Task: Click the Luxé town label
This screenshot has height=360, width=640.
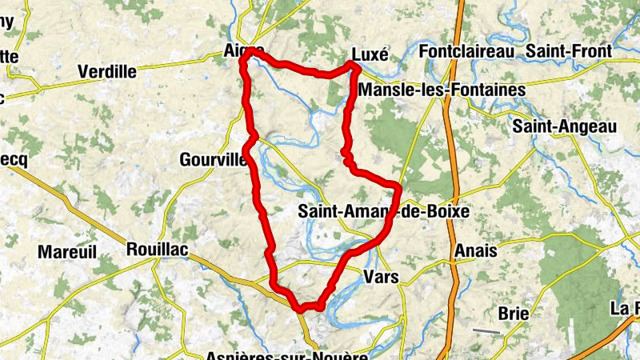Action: pyautogui.click(x=369, y=54)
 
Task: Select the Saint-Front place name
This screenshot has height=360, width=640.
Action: pyautogui.click(x=568, y=51)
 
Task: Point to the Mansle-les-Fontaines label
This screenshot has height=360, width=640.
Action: pyautogui.click(x=442, y=90)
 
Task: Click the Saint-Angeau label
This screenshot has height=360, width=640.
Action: pyautogui.click(x=565, y=126)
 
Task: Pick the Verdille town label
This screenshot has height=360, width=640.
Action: pyautogui.click(x=107, y=72)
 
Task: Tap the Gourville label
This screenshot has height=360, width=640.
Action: pyautogui.click(x=213, y=159)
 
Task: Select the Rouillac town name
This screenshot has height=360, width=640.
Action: pyautogui.click(x=157, y=250)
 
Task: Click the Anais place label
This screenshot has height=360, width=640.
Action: pyautogui.click(x=475, y=251)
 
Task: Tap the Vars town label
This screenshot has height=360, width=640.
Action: pyautogui.click(x=380, y=278)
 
